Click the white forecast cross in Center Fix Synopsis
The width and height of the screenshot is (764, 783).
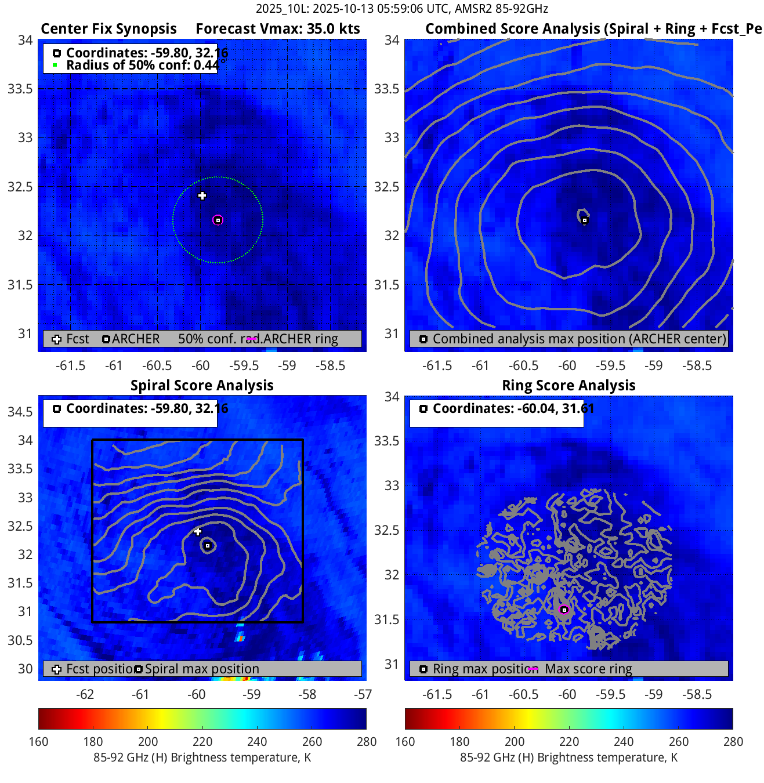click(202, 195)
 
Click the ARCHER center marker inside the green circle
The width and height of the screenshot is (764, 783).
click(218, 220)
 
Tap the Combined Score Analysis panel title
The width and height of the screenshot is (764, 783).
click(593, 29)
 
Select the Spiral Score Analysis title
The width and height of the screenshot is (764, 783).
click(202, 386)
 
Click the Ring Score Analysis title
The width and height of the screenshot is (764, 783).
click(569, 386)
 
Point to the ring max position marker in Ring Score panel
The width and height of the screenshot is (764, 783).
click(564, 610)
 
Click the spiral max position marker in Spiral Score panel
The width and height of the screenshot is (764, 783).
click(208, 546)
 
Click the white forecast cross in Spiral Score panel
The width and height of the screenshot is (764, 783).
click(198, 531)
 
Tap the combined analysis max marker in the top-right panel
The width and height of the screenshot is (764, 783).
click(584, 220)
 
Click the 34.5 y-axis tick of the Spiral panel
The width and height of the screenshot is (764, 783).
click(20, 412)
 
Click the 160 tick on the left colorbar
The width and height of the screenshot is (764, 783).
click(38, 742)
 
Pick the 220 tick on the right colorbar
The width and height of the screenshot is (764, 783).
click(569, 742)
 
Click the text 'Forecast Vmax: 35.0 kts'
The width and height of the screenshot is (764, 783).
click(277, 29)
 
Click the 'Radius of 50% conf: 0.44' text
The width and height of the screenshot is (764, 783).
click(143, 65)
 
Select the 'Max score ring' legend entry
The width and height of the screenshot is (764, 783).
click(588, 669)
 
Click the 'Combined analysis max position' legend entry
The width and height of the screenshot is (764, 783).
click(579, 339)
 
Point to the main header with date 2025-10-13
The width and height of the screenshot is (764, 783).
click(401, 9)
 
